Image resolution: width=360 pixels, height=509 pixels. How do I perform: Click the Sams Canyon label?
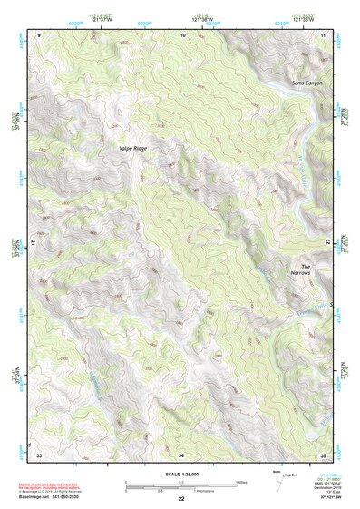[x=306, y=83]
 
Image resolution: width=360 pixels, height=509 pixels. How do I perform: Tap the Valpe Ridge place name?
[x=131, y=147]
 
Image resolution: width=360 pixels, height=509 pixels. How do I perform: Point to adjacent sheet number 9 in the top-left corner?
[x=39, y=34]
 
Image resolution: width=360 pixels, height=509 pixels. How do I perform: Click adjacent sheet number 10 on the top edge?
[x=183, y=34]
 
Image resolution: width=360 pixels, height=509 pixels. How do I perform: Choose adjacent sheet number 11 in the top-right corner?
[x=323, y=34]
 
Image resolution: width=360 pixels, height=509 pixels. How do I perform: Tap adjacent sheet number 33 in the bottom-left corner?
[x=39, y=453]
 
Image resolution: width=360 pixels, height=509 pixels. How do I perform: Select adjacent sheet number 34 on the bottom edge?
[x=181, y=453]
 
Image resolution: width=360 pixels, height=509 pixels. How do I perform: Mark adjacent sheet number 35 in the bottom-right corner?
[x=323, y=453]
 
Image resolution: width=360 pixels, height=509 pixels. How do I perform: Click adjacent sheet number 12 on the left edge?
[x=33, y=243]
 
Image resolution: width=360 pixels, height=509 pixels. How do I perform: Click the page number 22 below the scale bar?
[x=181, y=499]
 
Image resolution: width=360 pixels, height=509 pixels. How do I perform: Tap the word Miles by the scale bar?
[x=241, y=482]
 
